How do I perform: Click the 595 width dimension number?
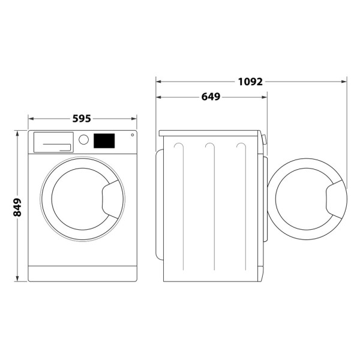tap(82, 118)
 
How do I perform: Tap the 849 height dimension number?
tap(17, 206)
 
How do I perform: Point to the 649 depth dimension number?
tap(211, 96)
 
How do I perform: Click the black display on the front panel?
tap(104, 140)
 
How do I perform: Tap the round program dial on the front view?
tap(84, 140)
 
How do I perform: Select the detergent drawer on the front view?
tap(53, 143)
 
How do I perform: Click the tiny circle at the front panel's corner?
tap(132, 135)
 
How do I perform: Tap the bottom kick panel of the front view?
tap(82, 274)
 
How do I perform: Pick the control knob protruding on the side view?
tap(264, 140)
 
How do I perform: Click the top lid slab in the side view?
tap(209, 133)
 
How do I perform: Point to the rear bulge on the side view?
tap(159, 205)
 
